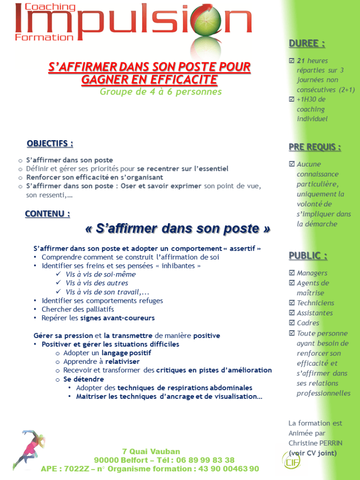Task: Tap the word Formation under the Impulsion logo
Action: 44,37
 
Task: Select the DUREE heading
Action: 307,44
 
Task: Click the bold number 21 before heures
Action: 301,61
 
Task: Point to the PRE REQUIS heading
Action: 315,147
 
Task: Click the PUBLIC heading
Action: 308,255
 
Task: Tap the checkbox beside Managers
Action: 292,273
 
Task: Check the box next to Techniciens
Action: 292,303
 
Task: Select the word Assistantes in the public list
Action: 314,313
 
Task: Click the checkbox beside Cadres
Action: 292,323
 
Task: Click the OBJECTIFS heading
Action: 50,144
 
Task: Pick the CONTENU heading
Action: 48,214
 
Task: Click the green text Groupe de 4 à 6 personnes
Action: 161,92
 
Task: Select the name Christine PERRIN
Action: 315,443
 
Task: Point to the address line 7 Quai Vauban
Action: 151,451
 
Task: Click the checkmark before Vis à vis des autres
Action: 59,283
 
